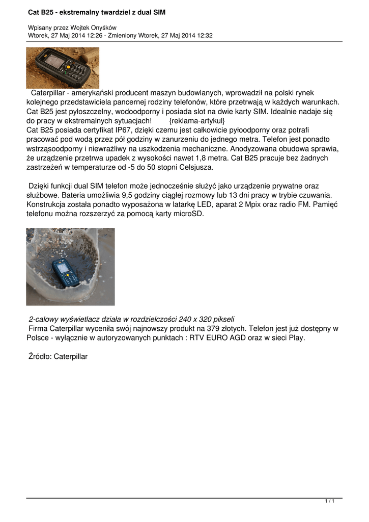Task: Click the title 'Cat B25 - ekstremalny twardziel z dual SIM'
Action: click(x=96, y=12)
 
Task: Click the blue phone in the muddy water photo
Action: click(x=66, y=272)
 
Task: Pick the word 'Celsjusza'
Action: click(x=194, y=167)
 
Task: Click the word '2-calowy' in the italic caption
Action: click(x=44, y=319)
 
